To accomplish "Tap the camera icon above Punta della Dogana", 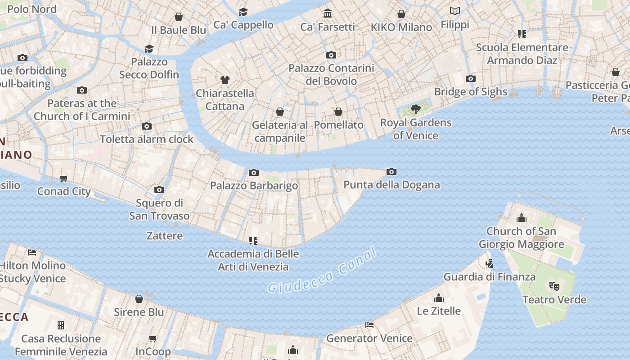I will tap(391, 171).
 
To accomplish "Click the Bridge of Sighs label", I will tap(471, 92).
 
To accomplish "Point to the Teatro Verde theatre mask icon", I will tap(554, 286).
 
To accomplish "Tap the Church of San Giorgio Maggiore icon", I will tap(522, 218).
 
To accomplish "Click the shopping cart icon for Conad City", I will tap(64, 178).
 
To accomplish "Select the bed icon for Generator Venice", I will tap(369, 324).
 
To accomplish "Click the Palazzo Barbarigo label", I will tap(254, 185).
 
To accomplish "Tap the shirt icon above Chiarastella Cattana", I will tap(225, 80).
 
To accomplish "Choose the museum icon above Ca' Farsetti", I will tap(328, 13).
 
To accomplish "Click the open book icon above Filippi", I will tap(455, 11).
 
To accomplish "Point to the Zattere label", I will tap(165, 235).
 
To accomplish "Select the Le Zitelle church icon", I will tap(439, 297).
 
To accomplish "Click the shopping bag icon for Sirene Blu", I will tap(139, 298).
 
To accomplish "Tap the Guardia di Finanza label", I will tap(490, 277).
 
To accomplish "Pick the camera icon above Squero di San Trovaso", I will tap(159, 189).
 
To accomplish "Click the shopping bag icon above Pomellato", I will tap(338, 111).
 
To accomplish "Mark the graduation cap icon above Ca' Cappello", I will tap(243, 12).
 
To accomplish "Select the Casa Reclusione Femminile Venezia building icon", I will tap(61, 325).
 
